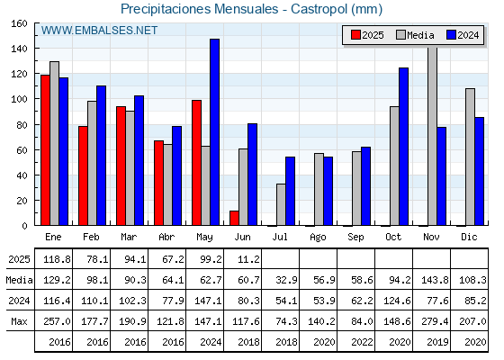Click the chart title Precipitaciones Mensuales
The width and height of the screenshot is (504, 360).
tap(199, 9)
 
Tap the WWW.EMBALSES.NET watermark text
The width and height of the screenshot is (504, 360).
tap(99, 31)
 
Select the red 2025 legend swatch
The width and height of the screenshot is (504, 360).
tap(355, 35)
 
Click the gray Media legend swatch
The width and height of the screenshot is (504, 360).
tap(400, 35)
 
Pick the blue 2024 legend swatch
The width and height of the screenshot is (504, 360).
tap(451, 35)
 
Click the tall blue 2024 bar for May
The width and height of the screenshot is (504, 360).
tap(215, 132)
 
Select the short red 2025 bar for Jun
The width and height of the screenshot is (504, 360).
tap(234, 218)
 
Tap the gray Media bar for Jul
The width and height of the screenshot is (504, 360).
tap(281, 204)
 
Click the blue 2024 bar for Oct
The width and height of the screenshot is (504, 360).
tap(404, 147)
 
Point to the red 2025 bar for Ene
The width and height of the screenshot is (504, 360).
tap(45, 150)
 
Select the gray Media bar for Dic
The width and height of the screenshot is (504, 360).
tap(470, 157)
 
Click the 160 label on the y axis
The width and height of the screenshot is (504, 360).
tap(19, 23)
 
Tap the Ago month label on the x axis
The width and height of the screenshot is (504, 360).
tap(318, 238)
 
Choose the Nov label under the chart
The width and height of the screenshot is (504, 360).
tap(431, 238)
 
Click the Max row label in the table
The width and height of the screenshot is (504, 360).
tap(19, 321)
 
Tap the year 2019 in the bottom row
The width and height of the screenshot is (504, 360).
tap(437, 342)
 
